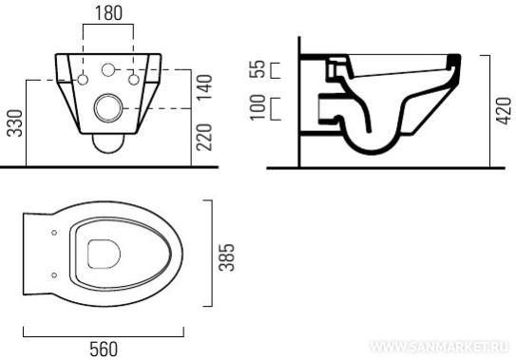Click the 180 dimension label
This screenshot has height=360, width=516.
point(108,13)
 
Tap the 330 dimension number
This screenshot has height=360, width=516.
point(15,123)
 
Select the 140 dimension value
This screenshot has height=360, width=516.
point(204,87)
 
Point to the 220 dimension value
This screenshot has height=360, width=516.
point(204,137)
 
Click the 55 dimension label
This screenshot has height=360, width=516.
point(258,68)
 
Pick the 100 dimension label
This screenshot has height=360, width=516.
point(258,107)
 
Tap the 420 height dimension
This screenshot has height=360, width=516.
point(504,111)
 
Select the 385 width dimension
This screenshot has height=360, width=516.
point(227,257)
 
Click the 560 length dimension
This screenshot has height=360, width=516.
point(104,350)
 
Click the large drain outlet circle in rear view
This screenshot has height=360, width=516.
point(108,107)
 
